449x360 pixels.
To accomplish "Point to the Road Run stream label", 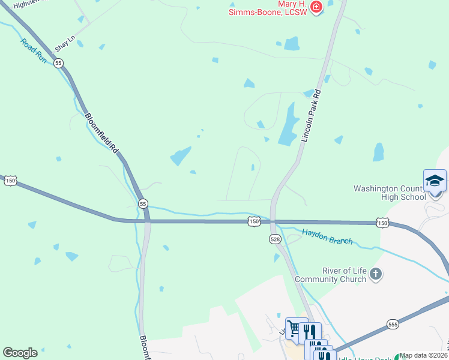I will pyautogui.click(x=34, y=51).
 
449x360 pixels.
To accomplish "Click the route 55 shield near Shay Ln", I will pyautogui.click(x=58, y=62).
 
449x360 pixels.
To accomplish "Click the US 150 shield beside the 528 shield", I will pyautogui.click(x=255, y=222).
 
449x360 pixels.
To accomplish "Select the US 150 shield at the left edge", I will pyautogui.click(x=10, y=180).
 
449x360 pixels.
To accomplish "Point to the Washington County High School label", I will pyautogui.click(x=390, y=193).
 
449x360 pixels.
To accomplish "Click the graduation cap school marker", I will pyautogui.click(x=435, y=180).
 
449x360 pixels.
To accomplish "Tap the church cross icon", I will pyautogui.click(x=376, y=275).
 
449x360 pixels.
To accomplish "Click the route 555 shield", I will pyautogui.click(x=393, y=323).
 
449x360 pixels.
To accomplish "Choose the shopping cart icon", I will pyautogui.click(x=294, y=328).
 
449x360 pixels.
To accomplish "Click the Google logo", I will pyautogui.click(x=20, y=353).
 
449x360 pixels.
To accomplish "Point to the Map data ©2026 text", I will pyautogui.click(x=422, y=355).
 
